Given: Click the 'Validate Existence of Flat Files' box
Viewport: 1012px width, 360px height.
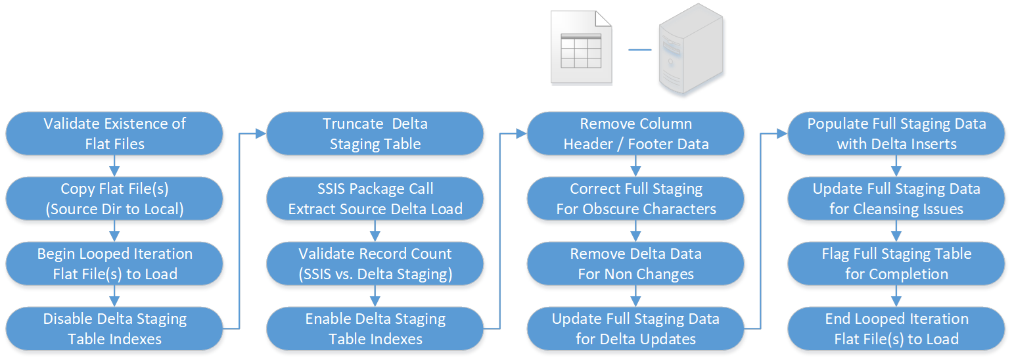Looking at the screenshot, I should (x=114, y=133).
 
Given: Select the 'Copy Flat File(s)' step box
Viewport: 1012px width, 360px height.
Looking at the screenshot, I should (x=114, y=199).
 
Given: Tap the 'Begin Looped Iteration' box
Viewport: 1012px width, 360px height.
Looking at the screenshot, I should (x=114, y=263).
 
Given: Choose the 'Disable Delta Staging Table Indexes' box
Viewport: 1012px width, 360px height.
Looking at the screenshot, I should (x=114, y=328).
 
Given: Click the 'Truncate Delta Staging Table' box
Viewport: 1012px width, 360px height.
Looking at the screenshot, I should (x=375, y=133).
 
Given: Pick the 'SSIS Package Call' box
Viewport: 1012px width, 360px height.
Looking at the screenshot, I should (x=375, y=199).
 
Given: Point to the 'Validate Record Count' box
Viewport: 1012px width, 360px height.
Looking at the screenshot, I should (x=375, y=263).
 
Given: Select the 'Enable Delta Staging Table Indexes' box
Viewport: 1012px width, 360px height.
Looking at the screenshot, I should (x=375, y=328).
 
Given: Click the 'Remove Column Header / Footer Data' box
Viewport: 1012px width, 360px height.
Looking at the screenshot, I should (x=636, y=133).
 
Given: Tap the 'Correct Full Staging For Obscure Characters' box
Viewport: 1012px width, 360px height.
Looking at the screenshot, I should (x=636, y=199).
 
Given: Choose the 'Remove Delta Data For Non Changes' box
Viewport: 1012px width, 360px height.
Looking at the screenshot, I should (x=636, y=263).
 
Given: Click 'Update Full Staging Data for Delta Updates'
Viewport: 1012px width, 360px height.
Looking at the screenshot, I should (x=636, y=328).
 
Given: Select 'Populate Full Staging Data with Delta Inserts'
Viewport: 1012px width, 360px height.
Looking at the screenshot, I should (x=896, y=133).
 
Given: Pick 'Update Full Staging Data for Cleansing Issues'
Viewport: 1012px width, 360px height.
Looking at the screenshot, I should (x=896, y=199).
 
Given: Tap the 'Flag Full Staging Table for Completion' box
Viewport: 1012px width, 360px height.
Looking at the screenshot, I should (x=896, y=263).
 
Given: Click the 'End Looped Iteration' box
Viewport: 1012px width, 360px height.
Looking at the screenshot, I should (x=896, y=328).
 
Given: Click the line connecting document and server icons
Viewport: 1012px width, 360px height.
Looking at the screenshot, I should (x=641, y=50).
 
